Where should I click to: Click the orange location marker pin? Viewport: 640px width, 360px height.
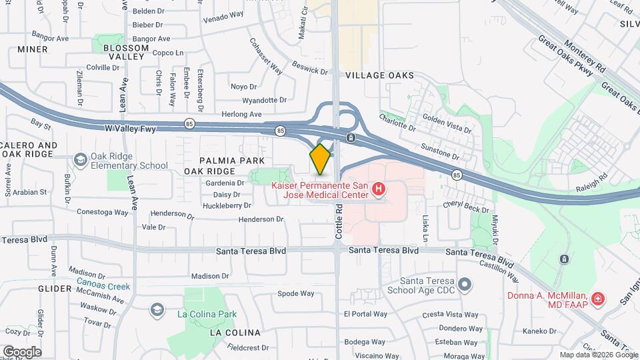pos(320,159)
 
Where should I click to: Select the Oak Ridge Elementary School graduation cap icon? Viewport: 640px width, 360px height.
pos(81,160)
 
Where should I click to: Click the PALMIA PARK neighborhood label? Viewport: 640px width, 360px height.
pos(233,161)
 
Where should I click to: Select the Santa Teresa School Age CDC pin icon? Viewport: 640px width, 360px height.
pos(465,285)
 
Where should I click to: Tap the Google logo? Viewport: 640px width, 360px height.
pos(22,351)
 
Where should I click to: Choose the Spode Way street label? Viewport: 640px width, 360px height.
pos(295,293)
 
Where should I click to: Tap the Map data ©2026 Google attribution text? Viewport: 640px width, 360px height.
pos(597,355)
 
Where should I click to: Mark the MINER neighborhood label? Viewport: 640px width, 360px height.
pos(33,49)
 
